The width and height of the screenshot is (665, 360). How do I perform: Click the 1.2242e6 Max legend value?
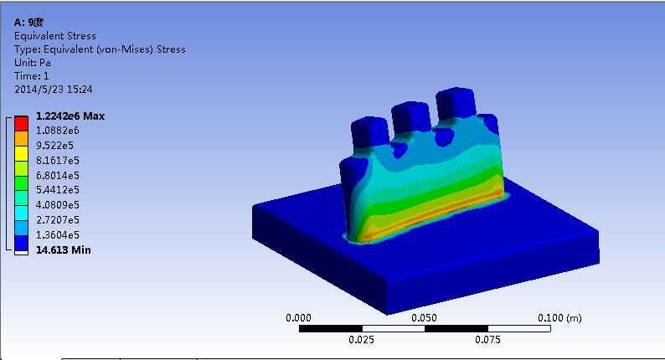[70, 116]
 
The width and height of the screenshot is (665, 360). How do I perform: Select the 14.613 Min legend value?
[63, 249]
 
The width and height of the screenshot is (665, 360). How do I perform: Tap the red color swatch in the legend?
[22, 123]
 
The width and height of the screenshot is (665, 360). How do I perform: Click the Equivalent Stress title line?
[55, 36]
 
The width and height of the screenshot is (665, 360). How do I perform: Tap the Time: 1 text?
[33, 75]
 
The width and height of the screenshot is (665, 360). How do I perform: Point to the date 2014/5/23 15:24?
[54, 89]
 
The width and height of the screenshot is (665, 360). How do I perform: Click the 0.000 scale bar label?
[299, 318]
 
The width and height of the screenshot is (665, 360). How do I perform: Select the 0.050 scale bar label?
[425, 318]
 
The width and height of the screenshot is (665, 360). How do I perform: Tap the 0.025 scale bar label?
[362, 339]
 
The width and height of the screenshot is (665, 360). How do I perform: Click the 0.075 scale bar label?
[487, 339]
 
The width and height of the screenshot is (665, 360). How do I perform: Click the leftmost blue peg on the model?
[369, 130]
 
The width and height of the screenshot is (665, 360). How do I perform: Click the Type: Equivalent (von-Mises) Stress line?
[100, 49]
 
